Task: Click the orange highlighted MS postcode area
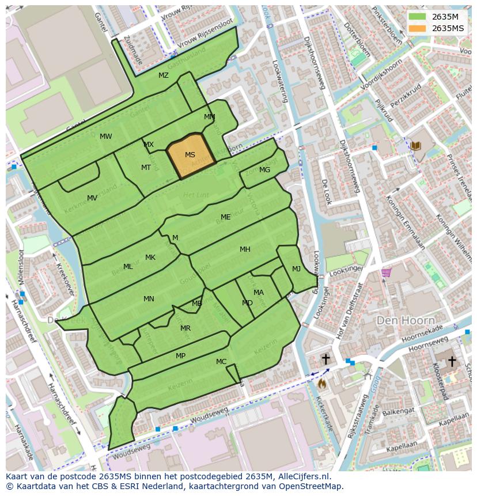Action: click(191, 156)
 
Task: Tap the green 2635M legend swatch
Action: click(418, 16)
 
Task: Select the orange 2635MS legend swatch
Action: click(418, 28)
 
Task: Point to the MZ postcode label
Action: click(164, 75)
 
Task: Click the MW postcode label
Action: click(106, 137)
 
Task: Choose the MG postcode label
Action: click(264, 170)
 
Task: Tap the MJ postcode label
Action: click(296, 269)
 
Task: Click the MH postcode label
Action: click(245, 249)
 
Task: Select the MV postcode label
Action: click(92, 198)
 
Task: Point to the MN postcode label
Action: click(149, 299)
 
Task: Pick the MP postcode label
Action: click(180, 356)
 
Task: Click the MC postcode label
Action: click(221, 362)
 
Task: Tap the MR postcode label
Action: click(185, 328)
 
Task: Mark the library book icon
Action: click(416, 147)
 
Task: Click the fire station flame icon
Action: click(322, 382)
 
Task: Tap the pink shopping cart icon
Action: click(386, 272)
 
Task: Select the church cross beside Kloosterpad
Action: click(452, 361)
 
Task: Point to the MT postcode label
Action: click(146, 168)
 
